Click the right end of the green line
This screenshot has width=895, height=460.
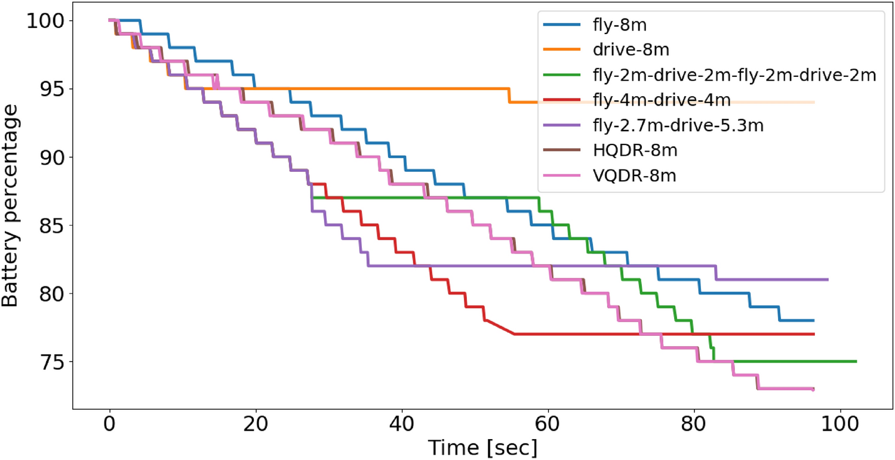(856, 362)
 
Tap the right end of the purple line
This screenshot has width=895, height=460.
(828, 279)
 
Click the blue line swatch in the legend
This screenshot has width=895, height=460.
(562, 26)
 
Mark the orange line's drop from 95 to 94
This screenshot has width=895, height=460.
(509, 95)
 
